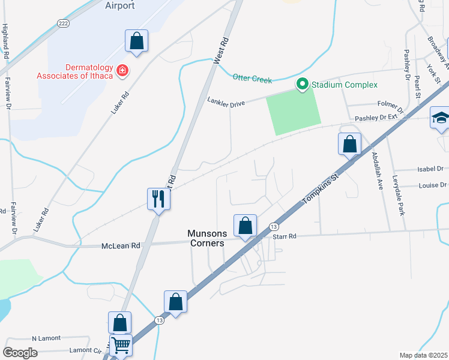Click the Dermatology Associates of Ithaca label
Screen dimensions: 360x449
[x=75, y=71]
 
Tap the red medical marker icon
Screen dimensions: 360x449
[x=122, y=71]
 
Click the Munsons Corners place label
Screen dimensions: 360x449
[x=205, y=238]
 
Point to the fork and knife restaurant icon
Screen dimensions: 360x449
[x=158, y=198]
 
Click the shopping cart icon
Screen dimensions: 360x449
[x=121, y=345]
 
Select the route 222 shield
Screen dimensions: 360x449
[x=63, y=23]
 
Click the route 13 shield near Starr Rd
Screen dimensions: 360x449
[x=274, y=226]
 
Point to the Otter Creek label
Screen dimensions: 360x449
[x=252, y=79]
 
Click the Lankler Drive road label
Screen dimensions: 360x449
[x=226, y=103]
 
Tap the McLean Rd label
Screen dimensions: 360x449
[x=120, y=245]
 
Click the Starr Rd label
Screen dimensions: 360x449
[x=285, y=237]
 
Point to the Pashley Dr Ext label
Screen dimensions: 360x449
[x=376, y=118]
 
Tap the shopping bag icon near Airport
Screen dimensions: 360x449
[x=137, y=41]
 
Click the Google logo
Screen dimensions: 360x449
[x=20, y=353]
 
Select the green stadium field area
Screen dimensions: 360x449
[x=294, y=112]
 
